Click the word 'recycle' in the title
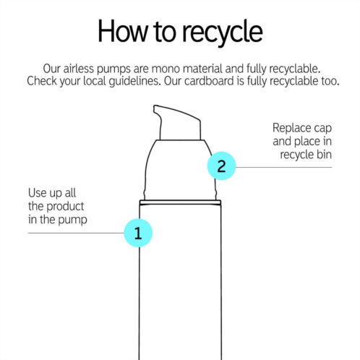pos(223,33)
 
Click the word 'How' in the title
pos(122,31)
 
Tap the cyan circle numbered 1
pos(138,233)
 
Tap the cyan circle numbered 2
pos(221,166)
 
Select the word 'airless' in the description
pos(79,69)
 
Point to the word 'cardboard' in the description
pos(209,81)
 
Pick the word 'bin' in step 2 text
pos(324,154)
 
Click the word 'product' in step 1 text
pos(65,206)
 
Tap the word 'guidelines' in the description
pos(134,81)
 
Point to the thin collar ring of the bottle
pos(180,202)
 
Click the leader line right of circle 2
pos(283,167)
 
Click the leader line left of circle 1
pos(76,233)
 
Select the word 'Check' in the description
pos(42,81)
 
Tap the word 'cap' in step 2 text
pos(323,129)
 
